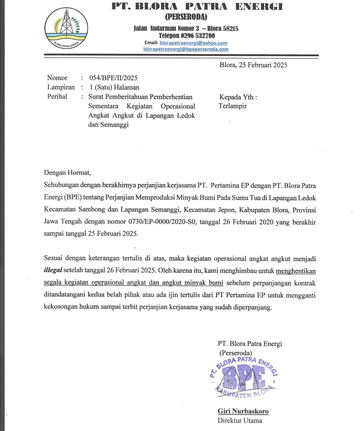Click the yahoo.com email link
(x=193, y=43)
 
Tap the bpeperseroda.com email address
(x=186, y=49)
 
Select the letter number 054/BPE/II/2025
(x=113, y=78)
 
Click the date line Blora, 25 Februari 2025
(x=253, y=65)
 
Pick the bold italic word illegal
(x=53, y=270)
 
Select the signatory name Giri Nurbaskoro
(x=243, y=411)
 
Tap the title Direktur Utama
(x=240, y=420)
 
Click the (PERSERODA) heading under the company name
(x=186, y=17)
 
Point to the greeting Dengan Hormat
(x=67, y=173)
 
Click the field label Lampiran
(x=61, y=87)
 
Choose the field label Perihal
(x=57, y=97)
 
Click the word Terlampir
(x=233, y=106)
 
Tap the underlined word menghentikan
(x=296, y=271)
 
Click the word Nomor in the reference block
(x=57, y=78)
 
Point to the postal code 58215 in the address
(x=230, y=29)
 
